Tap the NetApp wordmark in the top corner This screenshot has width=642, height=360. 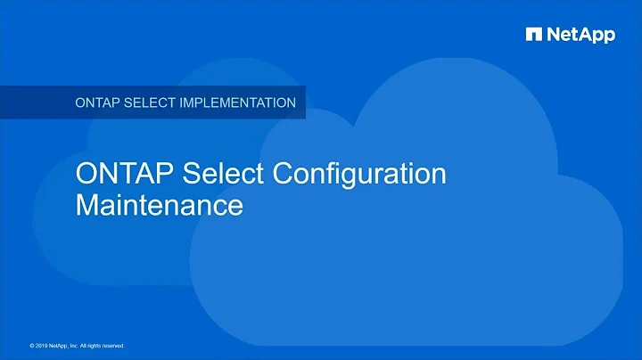tap(580, 35)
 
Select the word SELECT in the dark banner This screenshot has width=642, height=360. tap(158, 102)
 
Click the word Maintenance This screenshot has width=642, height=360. tap(159, 205)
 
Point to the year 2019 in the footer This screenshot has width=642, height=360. tap(45, 345)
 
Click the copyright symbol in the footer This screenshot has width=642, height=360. tap(32, 345)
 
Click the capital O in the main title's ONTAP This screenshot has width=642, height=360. tap(86, 173)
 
